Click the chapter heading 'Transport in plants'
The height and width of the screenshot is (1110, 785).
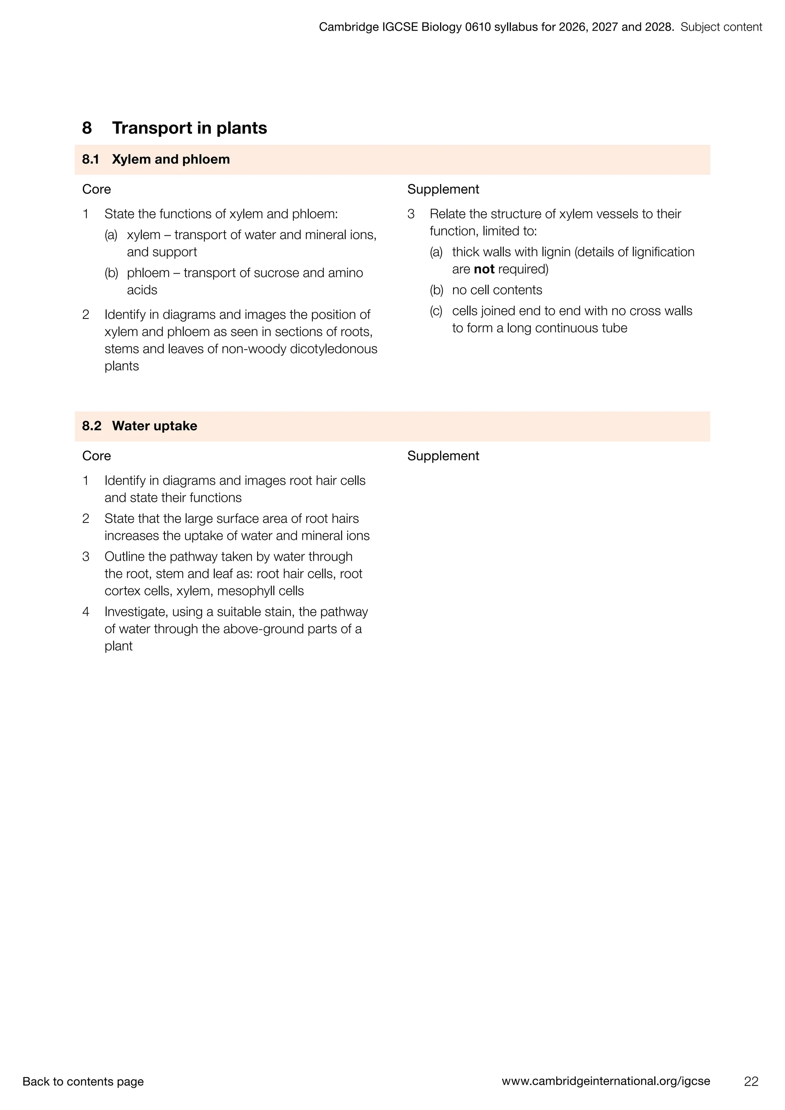coord(189,128)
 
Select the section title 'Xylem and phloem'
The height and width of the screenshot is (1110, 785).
coord(171,159)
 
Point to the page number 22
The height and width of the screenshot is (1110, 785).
coord(751,1082)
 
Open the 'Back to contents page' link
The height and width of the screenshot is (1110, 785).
coord(83,1082)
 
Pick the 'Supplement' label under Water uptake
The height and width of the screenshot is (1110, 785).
coord(443,456)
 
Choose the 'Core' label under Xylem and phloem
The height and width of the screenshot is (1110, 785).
coord(97,189)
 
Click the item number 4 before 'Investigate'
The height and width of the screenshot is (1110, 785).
coord(86,612)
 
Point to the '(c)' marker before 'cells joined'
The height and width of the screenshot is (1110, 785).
coord(436,311)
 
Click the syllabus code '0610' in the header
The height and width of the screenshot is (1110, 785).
coord(478,27)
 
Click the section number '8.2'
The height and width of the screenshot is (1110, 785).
coord(92,426)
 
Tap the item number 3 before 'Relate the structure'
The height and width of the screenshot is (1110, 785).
coord(411,214)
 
